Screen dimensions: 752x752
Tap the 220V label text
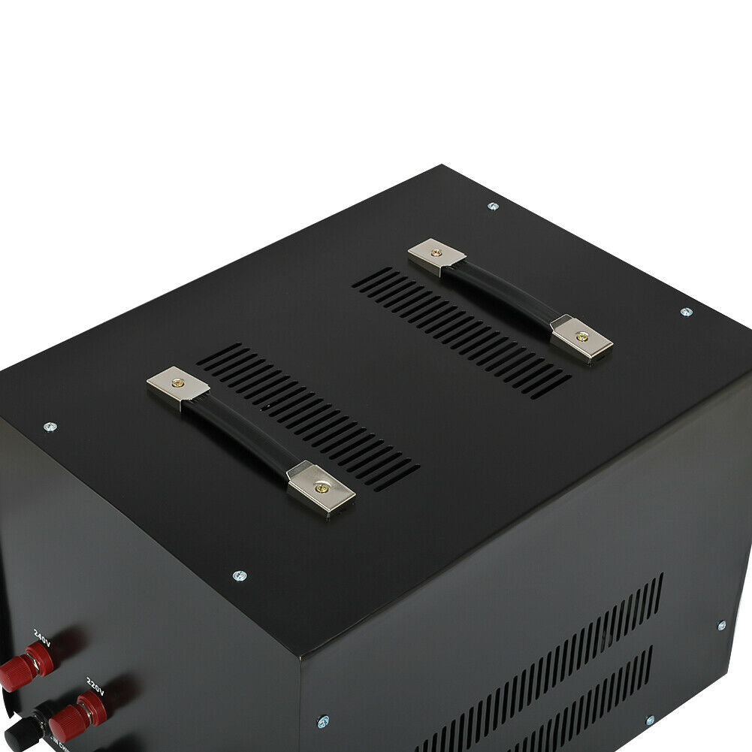pyautogui.click(x=95, y=684)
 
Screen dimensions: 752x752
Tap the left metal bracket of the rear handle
pyautogui.click(x=436, y=255)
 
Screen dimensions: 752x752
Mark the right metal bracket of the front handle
pyautogui.click(x=322, y=487)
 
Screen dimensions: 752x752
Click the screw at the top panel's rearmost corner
pyautogui.click(x=493, y=205)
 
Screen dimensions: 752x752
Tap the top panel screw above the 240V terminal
pyautogui.click(x=50, y=427)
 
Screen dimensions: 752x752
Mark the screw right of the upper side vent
pyautogui.click(x=721, y=625)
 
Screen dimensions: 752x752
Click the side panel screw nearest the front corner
pyautogui.click(x=322, y=720)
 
